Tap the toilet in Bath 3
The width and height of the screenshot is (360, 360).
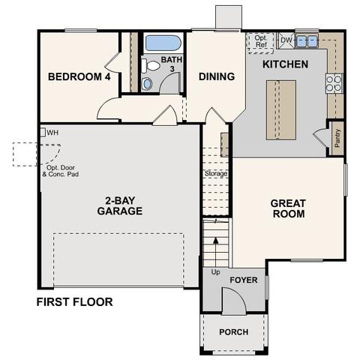151,66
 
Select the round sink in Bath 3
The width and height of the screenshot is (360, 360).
147,84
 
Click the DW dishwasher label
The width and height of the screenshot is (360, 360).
286,40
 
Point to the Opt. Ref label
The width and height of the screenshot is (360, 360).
261,41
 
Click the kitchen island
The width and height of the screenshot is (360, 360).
281,109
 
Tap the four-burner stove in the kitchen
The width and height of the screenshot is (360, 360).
334,83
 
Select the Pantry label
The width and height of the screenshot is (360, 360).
337,138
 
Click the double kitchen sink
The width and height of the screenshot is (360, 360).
307,41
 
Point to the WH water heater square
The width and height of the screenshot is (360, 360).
43,132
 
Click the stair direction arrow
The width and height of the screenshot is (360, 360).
215,252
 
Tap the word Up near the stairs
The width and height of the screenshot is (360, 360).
215,271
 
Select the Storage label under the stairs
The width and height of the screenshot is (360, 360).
216,173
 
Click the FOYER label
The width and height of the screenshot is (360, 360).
244,280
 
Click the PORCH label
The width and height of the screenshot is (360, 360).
234,332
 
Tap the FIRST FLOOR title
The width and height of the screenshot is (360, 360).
74,301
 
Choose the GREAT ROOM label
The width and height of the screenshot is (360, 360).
289,208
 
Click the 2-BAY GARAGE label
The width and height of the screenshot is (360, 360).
120,205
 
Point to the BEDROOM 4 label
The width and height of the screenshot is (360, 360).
79,76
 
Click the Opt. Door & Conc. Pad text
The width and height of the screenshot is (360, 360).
61,171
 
